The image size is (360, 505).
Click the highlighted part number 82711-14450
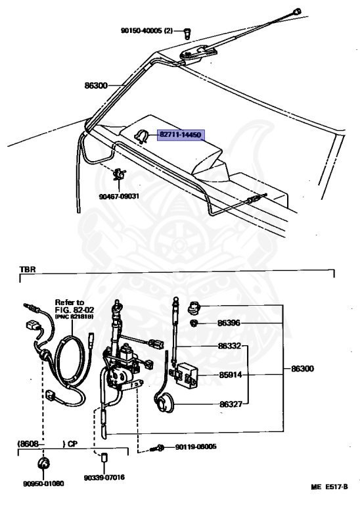(x=181, y=135)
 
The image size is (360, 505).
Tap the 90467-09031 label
(x=119, y=196)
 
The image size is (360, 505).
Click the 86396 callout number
(x=229, y=323)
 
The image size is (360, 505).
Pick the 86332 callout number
(x=229, y=346)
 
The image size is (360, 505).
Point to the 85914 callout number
(x=231, y=375)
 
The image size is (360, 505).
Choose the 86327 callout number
(x=231, y=404)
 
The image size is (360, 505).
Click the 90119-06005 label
(x=196, y=446)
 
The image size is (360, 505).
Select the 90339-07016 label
(x=104, y=477)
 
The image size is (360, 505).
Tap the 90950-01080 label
(x=43, y=484)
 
